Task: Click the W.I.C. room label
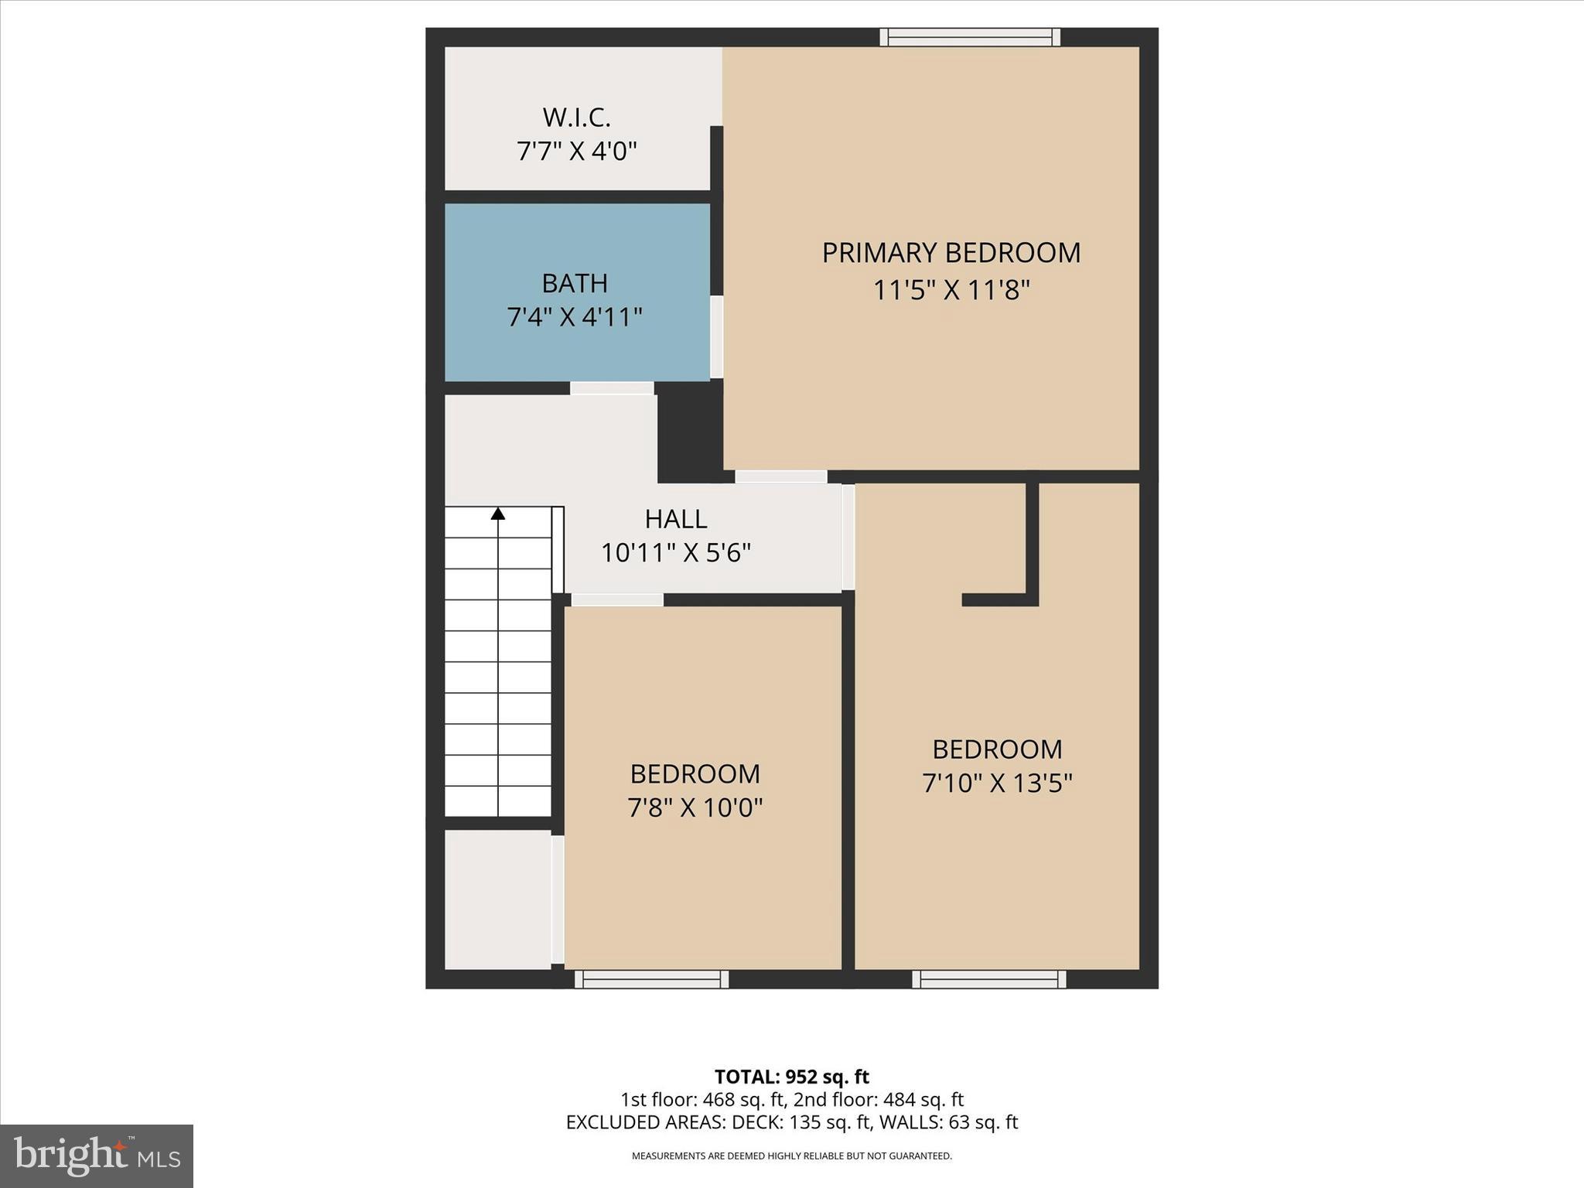(x=576, y=118)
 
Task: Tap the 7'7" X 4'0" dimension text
(x=576, y=151)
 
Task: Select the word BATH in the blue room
(x=574, y=283)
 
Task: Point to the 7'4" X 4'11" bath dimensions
(x=574, y=317)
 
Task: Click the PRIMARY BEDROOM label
(x=951, y=253)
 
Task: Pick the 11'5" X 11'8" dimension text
(x=951, y=291)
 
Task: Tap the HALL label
(x=675, y=518)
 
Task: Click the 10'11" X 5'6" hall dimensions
(x=675, y=553)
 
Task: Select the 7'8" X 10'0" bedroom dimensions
(x=695, y=807)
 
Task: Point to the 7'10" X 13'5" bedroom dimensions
(x=996, y=783)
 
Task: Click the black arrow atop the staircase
(x=498, y=513)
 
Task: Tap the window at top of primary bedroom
(x=970, y=37)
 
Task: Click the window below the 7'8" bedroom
(x=651, y=979)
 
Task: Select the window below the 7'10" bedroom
(x=988, y=979)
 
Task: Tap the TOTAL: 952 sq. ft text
(x=791, y=1077)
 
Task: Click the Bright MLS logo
(x=97, y=1156)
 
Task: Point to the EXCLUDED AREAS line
(x=791, y=1122)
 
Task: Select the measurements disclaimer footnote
(x=791, y=1156)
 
